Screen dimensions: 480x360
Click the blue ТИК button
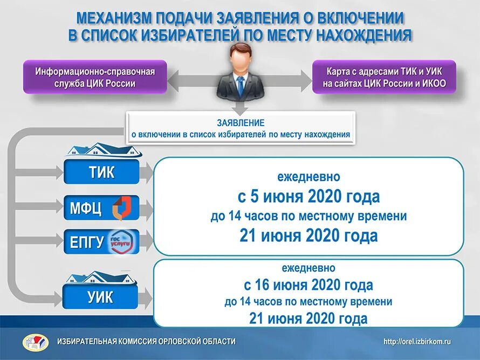click(x=101, y=172)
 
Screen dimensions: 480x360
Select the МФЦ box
click(x=101, y=207)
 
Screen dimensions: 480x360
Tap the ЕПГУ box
click(x=101, y=242)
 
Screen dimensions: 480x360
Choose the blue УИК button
click(x=101, y=297)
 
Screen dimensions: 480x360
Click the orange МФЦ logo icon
click(x=120, y=208)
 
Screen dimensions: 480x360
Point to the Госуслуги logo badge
click(x=122, y=241)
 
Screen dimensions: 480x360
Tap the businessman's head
click(x=241, y=57)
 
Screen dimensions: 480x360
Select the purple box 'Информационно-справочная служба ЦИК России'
click(x=95, y=77)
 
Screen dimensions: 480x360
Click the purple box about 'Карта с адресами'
click(x=384, y=77)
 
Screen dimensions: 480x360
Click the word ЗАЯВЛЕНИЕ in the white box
click(x=241, y=123)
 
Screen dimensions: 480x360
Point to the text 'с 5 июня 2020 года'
click(x=308, y=196)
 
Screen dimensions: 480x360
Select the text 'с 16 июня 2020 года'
click(x=308, y=284)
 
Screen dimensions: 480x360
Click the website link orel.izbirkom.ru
click(x=417, y=341)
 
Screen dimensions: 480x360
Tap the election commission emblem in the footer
click(x=35, y=342)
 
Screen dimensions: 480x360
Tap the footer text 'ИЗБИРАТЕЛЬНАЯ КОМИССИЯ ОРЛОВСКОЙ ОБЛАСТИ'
click(x=147, y=341)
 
